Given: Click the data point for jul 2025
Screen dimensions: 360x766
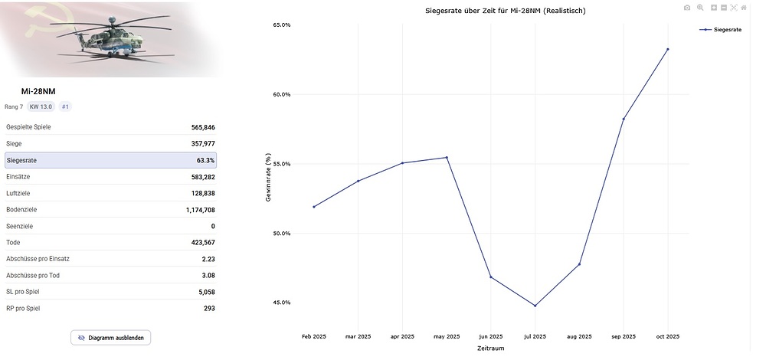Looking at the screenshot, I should [535, 306].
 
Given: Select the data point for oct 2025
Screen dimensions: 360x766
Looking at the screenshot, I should [668, 49].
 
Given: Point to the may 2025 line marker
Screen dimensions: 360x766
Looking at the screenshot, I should [447, 158].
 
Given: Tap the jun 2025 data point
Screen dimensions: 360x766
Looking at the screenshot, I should [491, 277].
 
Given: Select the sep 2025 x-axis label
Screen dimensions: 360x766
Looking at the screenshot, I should [624, 336].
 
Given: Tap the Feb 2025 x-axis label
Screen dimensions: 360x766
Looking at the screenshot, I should [314, 336].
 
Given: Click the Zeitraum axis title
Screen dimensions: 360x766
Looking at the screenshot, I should [490, 348].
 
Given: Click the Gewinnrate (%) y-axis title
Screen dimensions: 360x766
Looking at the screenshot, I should [269, 177].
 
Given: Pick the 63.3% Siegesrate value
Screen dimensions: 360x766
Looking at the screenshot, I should [205, 161].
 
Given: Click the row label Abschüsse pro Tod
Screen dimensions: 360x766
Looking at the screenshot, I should [33, 275].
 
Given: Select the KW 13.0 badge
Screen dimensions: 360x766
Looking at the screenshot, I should [41, 106].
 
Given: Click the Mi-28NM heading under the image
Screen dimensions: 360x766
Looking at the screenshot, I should [38, 92].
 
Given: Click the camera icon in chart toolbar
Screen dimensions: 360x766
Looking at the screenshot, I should [687, 8].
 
